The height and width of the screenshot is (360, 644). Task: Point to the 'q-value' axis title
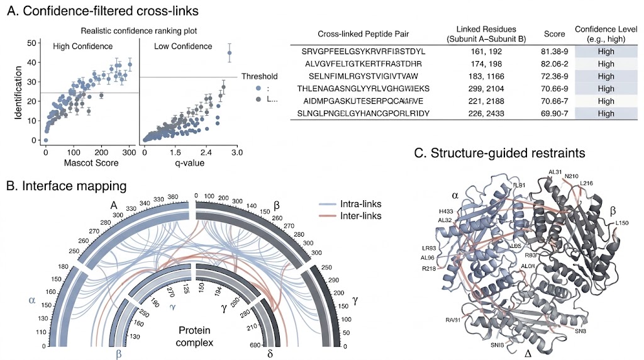pyautogui.click(x=182, y=165)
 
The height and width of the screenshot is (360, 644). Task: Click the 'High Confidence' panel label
pyautogui.click(x=84, y=46)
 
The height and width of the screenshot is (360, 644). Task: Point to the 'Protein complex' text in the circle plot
pyautogui.click(x=195, y=336)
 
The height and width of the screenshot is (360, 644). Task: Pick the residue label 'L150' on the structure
pyautogui.click(x=621, y=223)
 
